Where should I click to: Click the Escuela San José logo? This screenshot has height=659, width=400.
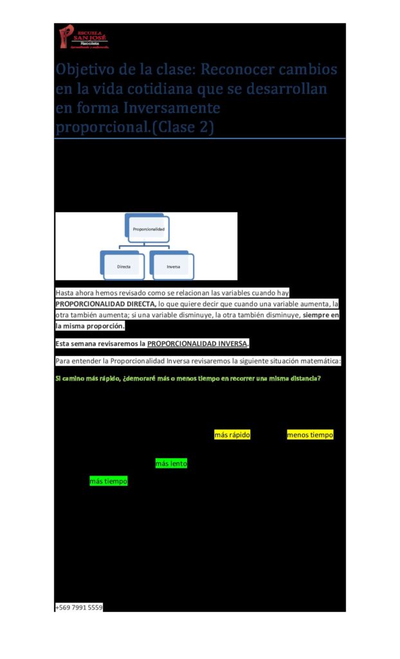coord(84,37)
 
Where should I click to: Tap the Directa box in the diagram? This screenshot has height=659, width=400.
coord(123,265)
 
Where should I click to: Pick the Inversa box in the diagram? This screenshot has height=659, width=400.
coord(173,265)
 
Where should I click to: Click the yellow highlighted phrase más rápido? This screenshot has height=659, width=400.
coord(232,435)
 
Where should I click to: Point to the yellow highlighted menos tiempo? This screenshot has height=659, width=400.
coord(310,435)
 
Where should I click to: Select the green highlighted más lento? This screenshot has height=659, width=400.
coord(171,463)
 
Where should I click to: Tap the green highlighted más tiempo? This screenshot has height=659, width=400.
coord(108,481)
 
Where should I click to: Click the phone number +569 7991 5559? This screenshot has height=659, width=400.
coord(79,607)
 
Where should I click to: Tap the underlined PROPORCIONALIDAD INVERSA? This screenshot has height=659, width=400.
coord(197,343)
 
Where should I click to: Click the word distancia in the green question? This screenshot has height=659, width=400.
coord(299,378)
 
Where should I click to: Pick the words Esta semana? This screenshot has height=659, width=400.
coord(78,343)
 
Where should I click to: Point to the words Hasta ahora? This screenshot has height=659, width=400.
coord(75,292)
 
